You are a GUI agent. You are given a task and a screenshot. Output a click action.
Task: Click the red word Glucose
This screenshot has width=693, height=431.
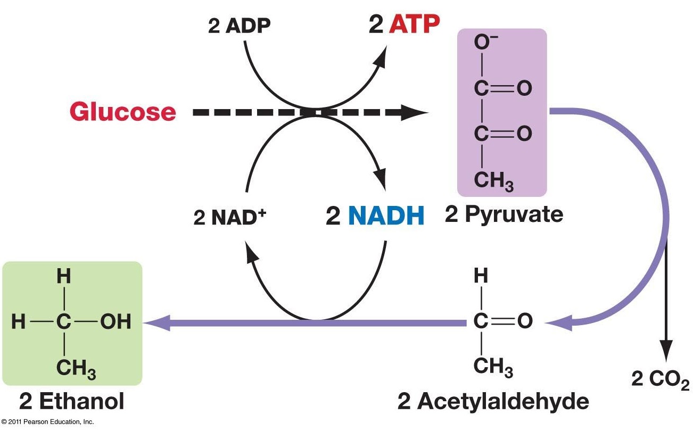click(x=122, y=112)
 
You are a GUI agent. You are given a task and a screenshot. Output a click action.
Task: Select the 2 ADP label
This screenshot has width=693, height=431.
click(x=239, y=27)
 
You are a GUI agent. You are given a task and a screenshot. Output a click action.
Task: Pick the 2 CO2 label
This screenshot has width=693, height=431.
click(x=660, y=380)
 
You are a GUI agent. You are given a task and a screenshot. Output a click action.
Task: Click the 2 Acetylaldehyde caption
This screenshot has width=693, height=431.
click(x=493, y=402)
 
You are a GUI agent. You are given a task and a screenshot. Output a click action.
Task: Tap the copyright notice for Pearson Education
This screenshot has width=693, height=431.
click(x=47, y=422)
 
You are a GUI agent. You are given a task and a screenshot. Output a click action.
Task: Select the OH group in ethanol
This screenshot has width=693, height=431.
click(x=115, y=322)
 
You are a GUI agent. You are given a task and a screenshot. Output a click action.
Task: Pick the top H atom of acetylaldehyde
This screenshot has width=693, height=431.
click(x=481, y=276)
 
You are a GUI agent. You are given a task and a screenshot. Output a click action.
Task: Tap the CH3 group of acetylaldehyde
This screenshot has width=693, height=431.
click(x=493, y=368)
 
